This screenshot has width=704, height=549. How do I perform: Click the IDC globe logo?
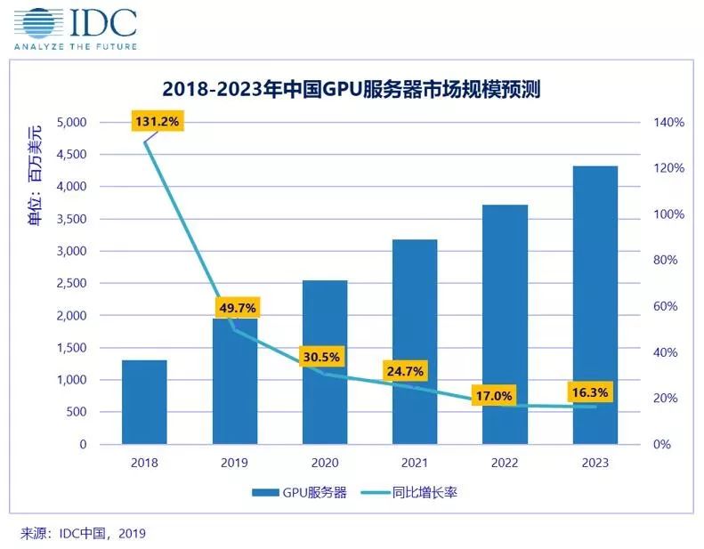37,22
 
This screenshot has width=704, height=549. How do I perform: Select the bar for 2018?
144,402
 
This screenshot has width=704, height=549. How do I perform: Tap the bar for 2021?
415,342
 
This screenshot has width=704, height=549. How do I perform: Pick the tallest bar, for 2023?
595,305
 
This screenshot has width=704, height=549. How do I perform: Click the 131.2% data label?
158,121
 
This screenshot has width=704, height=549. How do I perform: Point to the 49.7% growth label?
238,308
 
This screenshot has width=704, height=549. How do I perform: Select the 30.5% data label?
321,357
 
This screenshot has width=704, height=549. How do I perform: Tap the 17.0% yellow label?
494,395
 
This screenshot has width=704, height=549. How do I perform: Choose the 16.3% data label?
590,392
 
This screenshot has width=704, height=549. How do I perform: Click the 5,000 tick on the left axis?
71,122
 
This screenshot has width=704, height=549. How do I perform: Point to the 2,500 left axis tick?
71,283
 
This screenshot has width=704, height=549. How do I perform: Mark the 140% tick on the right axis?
669,122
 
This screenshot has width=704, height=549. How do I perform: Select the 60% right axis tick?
666,306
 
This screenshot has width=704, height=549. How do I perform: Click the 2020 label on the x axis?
325,463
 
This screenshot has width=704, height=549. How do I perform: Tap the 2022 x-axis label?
505,463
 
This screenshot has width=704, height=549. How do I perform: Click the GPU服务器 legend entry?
299,492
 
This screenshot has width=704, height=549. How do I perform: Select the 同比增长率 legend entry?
409,492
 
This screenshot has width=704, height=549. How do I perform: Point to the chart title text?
351,89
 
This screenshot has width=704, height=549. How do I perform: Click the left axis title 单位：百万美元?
35,175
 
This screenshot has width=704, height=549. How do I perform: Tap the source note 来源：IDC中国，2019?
83,533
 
